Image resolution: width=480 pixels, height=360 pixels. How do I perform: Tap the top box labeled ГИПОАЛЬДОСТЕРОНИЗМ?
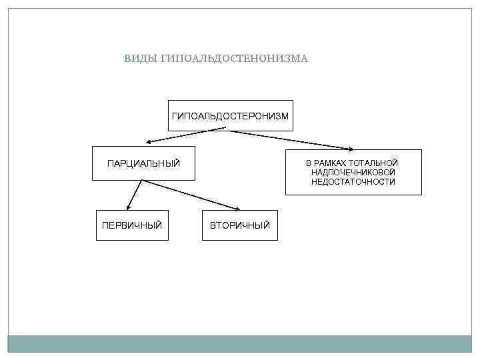coord(230,116)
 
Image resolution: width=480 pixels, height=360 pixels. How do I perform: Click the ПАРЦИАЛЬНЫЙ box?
coord(143,163)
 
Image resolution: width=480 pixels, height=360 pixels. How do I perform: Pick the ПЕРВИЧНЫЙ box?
coord(132,225)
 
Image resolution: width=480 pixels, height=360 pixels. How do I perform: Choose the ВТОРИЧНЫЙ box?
coord(240,225)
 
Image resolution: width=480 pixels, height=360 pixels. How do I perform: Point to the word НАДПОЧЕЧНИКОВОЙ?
coord(353,173)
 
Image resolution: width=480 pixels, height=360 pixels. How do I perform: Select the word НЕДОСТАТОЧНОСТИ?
coord(353,182)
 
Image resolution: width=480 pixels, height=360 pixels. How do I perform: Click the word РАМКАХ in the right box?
coord(331,163)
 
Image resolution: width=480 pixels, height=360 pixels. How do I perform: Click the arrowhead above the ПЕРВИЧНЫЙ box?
coord(127,207)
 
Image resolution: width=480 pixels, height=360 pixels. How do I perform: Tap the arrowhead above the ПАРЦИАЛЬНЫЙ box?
coord(151,142)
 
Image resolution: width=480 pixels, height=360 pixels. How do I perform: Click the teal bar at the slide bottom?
coord(240,343)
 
